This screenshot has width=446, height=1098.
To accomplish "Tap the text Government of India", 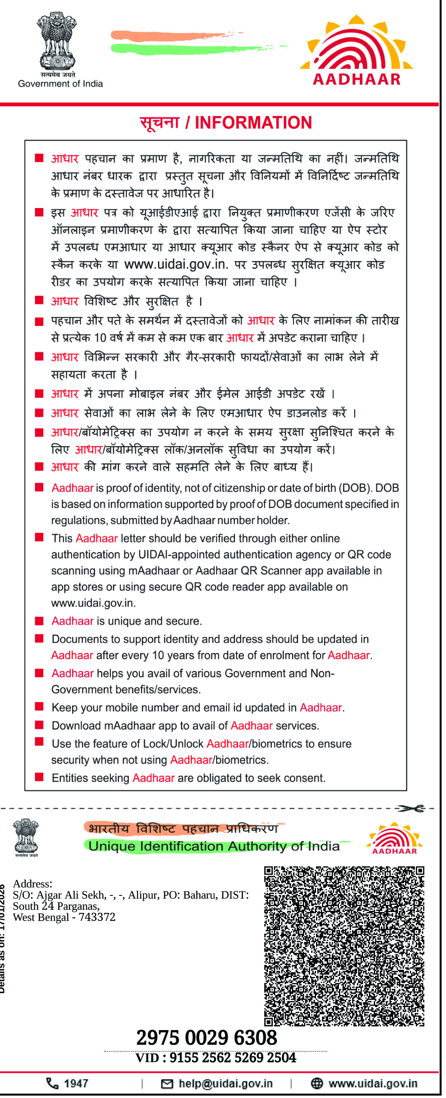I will pyautogui.click(x=60, y=84).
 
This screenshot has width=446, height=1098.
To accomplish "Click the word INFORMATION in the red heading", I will pyautogui.click(x=253, y=123).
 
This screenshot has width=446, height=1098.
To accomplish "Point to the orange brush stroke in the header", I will pyautogui.click(x=171, y=36).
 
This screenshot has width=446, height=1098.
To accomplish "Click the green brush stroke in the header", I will pyautogui.click(x=179, y=48).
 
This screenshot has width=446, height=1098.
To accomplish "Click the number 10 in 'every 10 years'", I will pyautogui.click(x=158, y=655).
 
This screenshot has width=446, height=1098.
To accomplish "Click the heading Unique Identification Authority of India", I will pyautogui.click(x=214, y=846).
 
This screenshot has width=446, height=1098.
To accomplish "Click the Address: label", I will pyautogui.click(x=32, y=884).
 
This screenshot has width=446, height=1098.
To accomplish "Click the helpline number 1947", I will pyautogui.click(x=76, y=1083).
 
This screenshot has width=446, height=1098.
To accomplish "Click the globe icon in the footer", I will pyautogui.click(x=317, y=1083).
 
